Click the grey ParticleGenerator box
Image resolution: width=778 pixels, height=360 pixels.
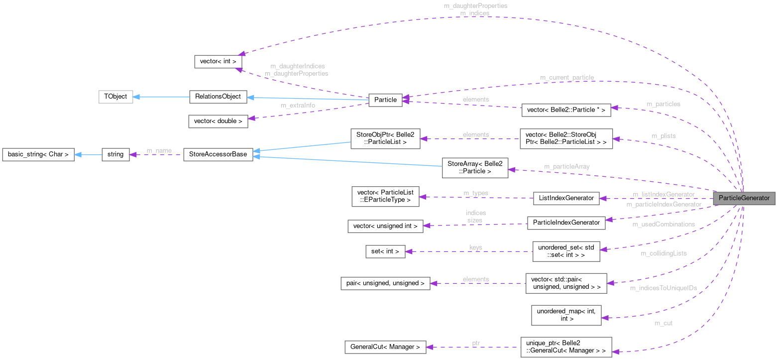(744, 198)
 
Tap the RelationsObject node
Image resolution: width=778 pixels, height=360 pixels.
(218, 96)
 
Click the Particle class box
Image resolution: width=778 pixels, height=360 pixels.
(385, 100)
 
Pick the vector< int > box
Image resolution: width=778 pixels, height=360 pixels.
(218, 61)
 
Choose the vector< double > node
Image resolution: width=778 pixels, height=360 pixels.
(218, 121)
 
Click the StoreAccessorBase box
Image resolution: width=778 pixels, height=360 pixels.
(218, 154)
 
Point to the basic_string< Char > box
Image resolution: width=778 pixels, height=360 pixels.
(38, 154)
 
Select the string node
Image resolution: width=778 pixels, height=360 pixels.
(115, 154)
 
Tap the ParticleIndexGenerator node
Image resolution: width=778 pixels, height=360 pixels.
(566, 222)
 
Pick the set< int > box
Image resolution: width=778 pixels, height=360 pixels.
(385, 251)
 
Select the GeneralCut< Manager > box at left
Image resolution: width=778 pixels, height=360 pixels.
(385, 347)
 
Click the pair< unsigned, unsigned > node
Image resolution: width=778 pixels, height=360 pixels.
(385, 283)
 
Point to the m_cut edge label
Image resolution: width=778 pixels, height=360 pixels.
(664, 323)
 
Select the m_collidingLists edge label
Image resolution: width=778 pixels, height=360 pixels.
(664, 253)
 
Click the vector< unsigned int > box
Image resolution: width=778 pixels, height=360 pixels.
(385, 226)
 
